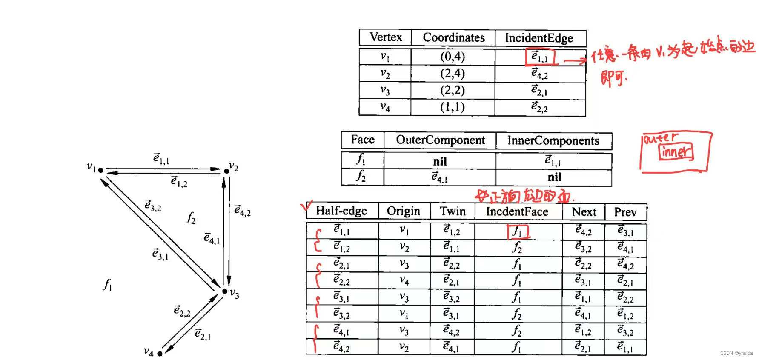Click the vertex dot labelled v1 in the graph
(101, 170)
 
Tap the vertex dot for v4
(160, 354)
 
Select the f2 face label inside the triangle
(191, 218)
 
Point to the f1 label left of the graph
(107, 284)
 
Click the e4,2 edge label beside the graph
(242, 210)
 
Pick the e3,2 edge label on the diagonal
(153, 206)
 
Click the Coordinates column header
(453, 38)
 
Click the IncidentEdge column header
(539, 38)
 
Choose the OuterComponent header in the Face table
(440, 140)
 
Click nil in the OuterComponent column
(440, 162)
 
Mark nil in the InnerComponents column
(554, 177)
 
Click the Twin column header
(453, 211)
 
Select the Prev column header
(625, 212)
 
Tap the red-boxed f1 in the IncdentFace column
(517, 232)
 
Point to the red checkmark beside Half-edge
(306, 206)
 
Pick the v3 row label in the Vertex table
(385, 91)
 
